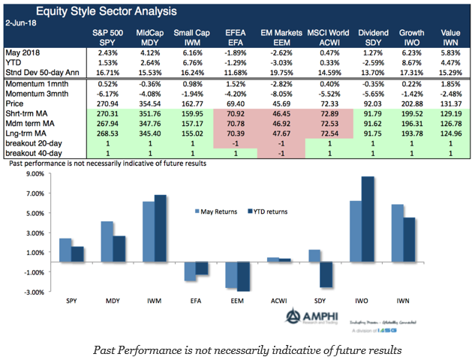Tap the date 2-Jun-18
click(23, 22)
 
